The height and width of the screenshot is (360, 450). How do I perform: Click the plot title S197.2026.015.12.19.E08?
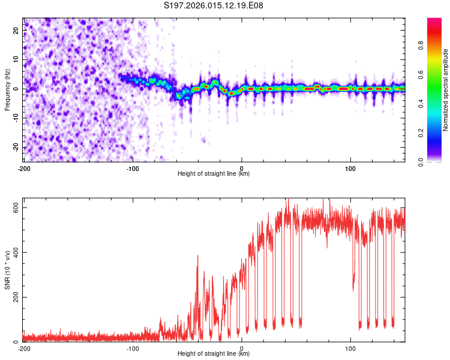[x=214, y=6]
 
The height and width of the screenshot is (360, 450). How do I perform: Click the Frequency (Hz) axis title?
[x=8, y=89]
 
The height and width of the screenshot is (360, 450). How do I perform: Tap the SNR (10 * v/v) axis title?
[x=8, y=271]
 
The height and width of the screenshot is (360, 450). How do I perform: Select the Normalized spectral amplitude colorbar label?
[x=445, y=89]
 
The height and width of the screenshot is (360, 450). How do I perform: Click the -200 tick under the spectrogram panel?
[x=24, y=167]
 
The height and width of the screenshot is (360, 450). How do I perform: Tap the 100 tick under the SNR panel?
[x=350, y=348]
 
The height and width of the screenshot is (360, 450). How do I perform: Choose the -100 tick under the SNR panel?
[x=133, y=348]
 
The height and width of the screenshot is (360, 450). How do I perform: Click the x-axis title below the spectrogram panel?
[x=214, y=174]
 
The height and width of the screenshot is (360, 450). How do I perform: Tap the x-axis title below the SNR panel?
[x=214, y=354]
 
